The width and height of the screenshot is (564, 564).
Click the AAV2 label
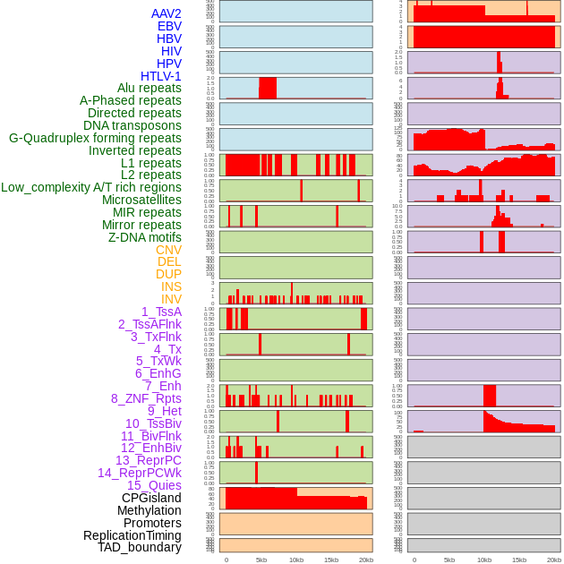click(167, 13)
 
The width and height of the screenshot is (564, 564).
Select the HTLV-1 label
click(161, 76)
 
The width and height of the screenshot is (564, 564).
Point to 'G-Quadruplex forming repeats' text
click(95, 138)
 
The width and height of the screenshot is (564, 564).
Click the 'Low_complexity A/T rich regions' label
click(91, 187)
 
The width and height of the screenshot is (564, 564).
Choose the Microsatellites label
click(141, 200)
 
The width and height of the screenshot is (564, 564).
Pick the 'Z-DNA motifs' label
click(145, 237)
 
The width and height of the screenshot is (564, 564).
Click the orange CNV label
click(168, 250)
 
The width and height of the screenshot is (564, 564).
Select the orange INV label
click(171, 299)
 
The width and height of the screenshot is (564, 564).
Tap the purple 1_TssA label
click(161, 312)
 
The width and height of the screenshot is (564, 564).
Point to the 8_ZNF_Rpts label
click(146, 398)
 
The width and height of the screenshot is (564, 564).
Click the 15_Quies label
click(154, 485)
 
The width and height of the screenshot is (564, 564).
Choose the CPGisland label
click(151, 498)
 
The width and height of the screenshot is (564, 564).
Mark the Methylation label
click(149, 510)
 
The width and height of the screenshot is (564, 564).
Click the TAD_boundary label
click(140, 547)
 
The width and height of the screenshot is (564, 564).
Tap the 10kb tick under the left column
click(296, 560)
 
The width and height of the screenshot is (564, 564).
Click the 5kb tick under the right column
click(449, 560)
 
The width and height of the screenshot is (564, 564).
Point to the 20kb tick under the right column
click(554, 560)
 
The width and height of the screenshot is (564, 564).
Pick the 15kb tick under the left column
click(331, 560)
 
